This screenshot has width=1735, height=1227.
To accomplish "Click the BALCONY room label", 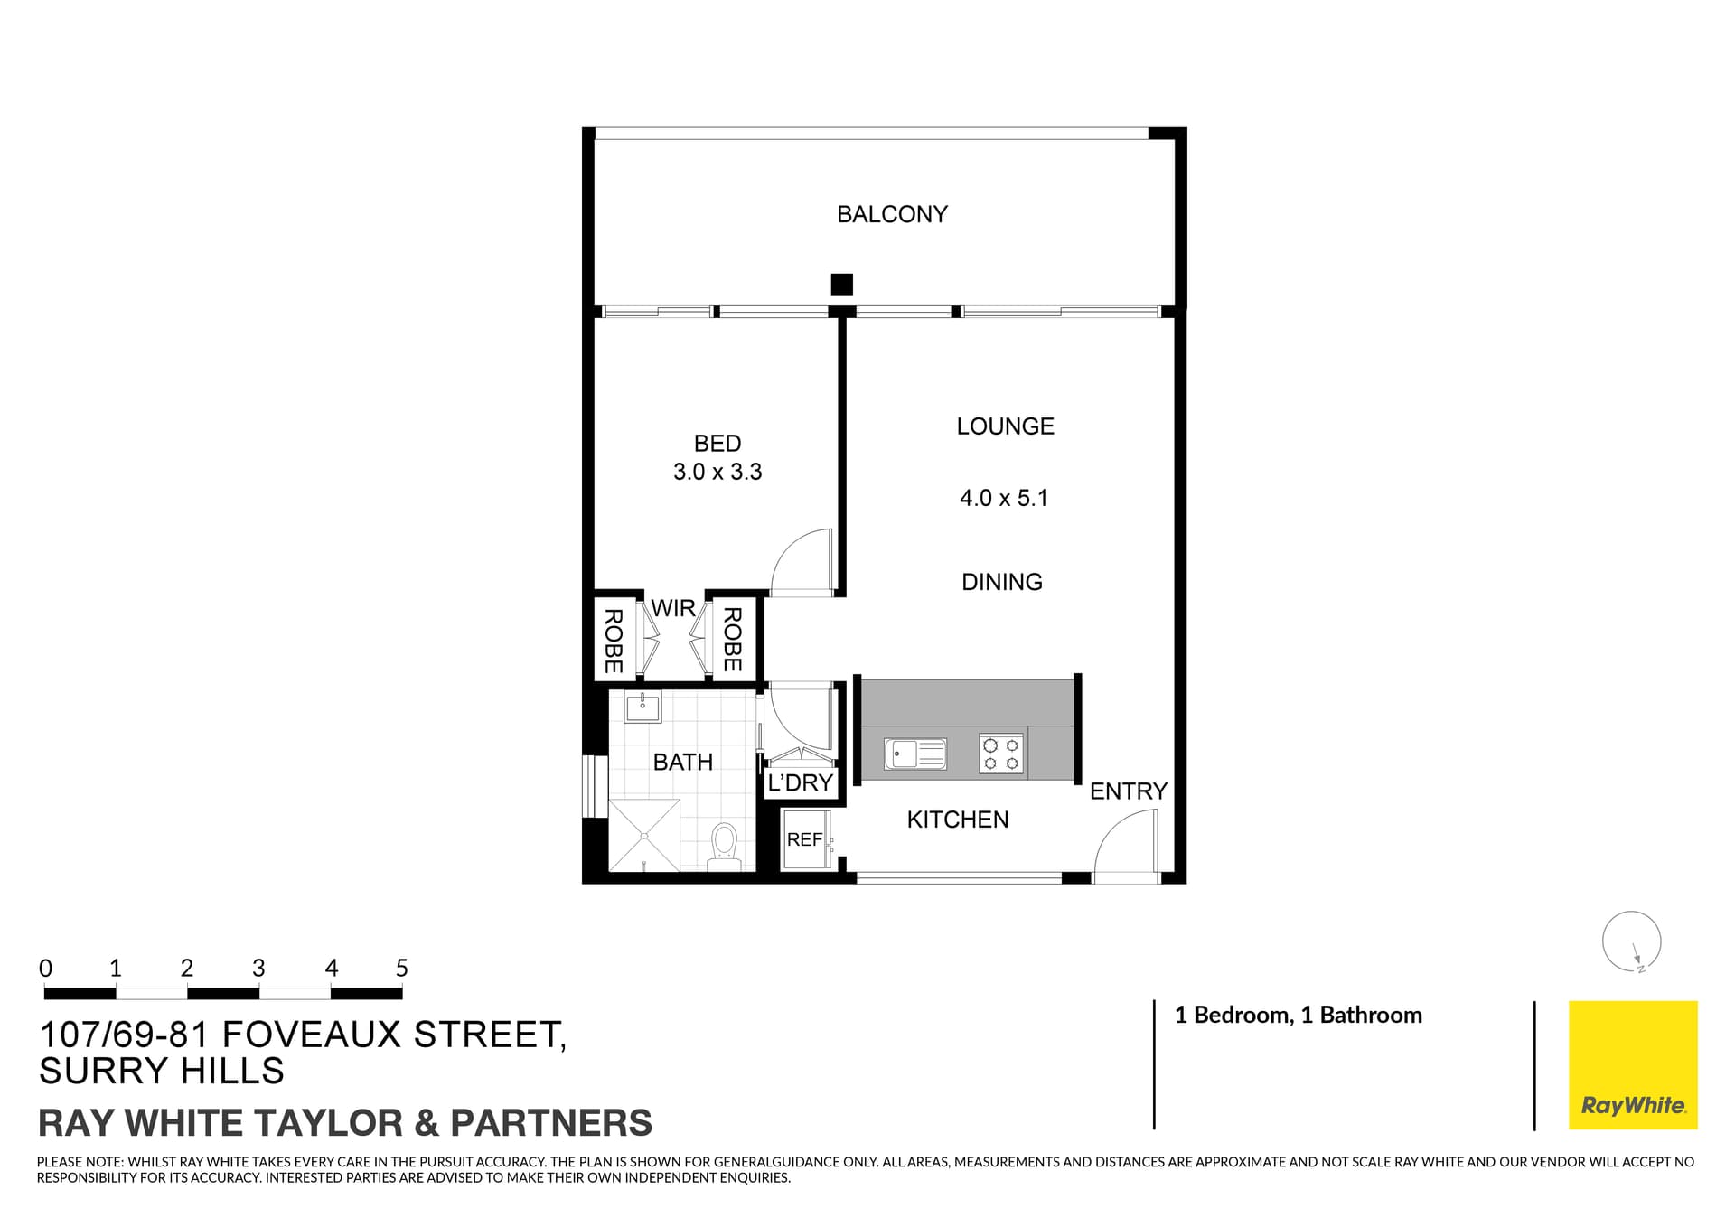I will (x=892, y=214).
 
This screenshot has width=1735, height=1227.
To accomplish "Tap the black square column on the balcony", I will (x=841, y=285).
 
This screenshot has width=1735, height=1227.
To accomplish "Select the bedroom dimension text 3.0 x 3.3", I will (x=717, y=472).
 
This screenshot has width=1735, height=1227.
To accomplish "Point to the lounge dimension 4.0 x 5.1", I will (x=1003, y=498).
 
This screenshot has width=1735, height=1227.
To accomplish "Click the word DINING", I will (x=1001, y=582).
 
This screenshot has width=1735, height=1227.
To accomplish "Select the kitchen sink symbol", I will (x=915, y=753).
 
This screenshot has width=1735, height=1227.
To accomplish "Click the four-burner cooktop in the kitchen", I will (x=1001, y=754).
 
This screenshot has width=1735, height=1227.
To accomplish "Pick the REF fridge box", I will (x=804, y=839).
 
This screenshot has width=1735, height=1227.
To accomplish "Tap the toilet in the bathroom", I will (x=724, y=846).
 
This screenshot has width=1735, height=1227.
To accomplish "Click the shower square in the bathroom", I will (x=644, y=835).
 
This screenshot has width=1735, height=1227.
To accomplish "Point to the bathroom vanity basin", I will (x=642, y=707).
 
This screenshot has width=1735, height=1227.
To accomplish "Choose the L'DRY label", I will (x=800, y=782).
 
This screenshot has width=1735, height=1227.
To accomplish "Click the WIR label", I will (x=673, y=608).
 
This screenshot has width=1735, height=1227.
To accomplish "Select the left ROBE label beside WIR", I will (x=613, y=641).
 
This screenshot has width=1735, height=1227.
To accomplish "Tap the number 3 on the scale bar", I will (x=258, y=969).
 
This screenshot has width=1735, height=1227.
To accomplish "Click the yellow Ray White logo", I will (x=1632, y=1064).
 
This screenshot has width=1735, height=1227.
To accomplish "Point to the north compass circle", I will (x=1631, y=941).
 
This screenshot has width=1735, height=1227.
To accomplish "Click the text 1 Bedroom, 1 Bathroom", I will (x=1298, y=1015).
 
